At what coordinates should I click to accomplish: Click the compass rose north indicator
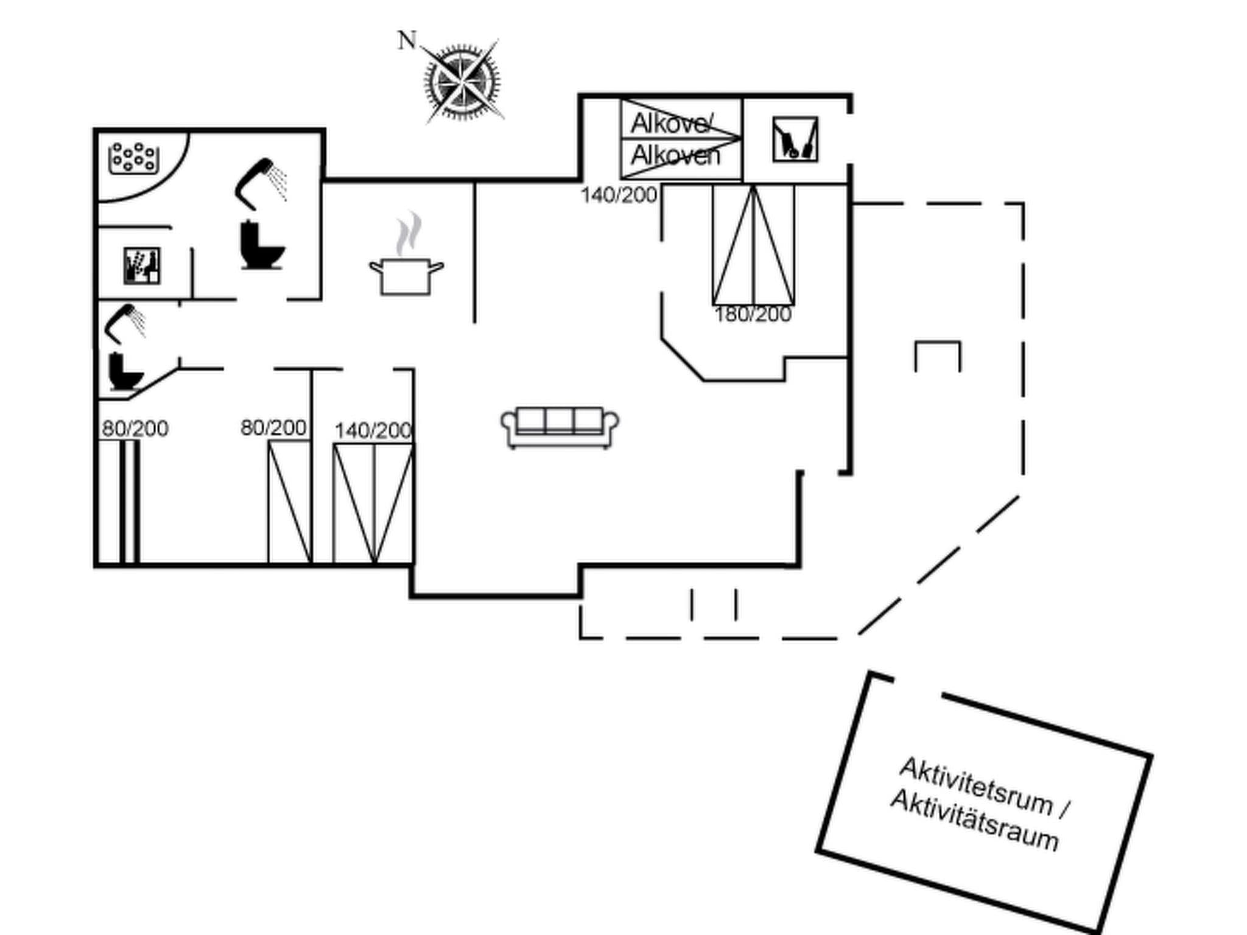tap(462, 81)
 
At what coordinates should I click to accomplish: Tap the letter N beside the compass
tap(407, 41)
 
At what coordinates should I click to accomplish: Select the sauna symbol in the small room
tap(142, 265)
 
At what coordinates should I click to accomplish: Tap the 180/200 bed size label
tap(753, 315)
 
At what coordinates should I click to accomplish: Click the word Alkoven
tap(675, 156)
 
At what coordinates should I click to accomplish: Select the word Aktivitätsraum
tap(974, 821)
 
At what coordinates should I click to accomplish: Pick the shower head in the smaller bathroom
tap(125, 323)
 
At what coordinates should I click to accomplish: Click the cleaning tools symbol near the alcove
tap(795, 139)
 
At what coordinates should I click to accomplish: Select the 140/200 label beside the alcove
tap(619, 195)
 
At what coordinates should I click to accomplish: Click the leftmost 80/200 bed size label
tap(135, 429)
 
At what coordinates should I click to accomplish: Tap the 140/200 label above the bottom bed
tap(373, 431)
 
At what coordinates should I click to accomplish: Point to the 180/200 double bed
tap(753, 245)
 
